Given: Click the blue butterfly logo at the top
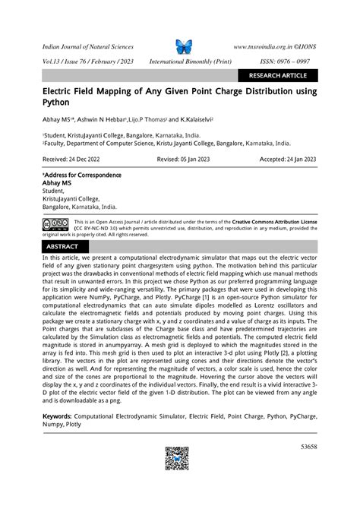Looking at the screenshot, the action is (x=184, y=46).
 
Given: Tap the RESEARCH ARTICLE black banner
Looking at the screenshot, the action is (x=278, y=75).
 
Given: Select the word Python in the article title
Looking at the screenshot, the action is (x=57, y=102).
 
